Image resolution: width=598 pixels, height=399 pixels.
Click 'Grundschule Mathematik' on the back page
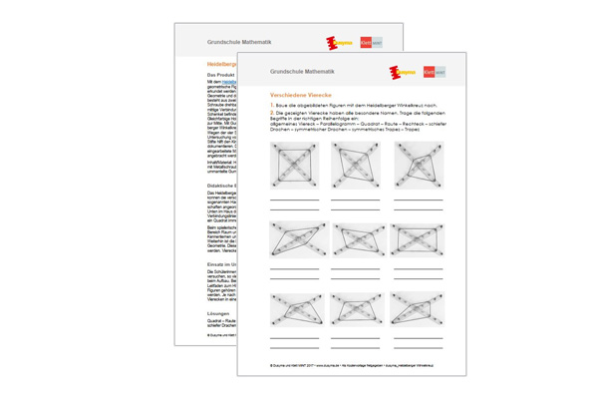[237, 43]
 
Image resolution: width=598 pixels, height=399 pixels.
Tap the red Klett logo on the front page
[430, 72]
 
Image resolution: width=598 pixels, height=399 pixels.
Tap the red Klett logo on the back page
[365, 43]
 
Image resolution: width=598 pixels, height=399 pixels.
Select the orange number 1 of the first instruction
[272, 104]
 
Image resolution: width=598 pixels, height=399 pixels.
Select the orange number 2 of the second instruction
[272, 113]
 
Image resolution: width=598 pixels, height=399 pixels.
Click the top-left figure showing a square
[295, 164]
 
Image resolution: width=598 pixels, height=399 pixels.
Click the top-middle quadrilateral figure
[357, 164]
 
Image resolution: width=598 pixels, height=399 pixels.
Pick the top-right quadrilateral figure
[419, 164]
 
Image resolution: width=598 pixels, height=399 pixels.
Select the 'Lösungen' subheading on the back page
[192, 312]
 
